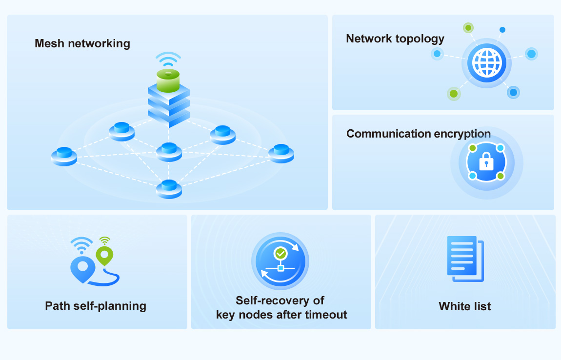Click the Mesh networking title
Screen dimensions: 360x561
pos(82,43)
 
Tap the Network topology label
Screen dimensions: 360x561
pos(395,39)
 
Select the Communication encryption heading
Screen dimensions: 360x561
pos(418,134)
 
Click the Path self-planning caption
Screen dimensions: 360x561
pos(96,306)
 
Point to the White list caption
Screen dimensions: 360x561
pos(465,306)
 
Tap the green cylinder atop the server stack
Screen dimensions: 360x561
pos(168,80)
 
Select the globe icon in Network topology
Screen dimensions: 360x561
pos(487,63)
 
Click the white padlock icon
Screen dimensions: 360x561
pos(486,160)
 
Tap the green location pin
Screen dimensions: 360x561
pos(104,255)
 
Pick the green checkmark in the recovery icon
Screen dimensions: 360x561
pos(280,253)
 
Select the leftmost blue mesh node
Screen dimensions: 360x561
pos(64,156)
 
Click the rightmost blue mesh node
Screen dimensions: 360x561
pos(281,153)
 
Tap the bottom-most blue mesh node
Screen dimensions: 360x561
pos(169,188)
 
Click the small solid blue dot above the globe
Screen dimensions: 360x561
pos(502,30)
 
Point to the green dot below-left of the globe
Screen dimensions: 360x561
pos(454,93)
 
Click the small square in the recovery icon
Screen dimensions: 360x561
pos(280,268)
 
